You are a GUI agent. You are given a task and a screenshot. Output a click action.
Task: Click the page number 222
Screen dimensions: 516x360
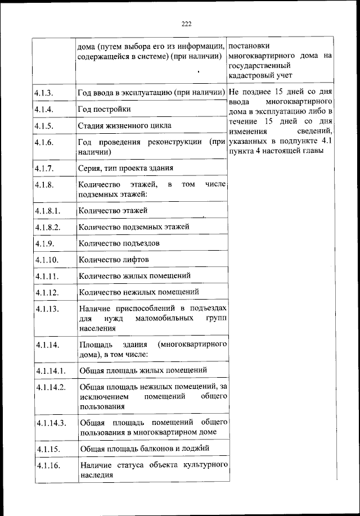pos(186,23)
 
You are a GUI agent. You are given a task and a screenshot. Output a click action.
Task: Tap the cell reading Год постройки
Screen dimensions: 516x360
pos(105,108)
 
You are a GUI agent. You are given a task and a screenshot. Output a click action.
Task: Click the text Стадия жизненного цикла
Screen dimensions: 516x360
pos(125,125)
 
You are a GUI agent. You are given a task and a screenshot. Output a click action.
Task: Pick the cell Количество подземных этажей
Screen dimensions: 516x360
pos(134,227)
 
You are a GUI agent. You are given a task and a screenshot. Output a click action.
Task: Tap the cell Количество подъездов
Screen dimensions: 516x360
pos(119,243)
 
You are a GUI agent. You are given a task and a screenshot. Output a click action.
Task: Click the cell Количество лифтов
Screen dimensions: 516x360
pos(114,260)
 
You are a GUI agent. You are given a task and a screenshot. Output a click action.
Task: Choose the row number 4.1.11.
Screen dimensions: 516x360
pos(46,276)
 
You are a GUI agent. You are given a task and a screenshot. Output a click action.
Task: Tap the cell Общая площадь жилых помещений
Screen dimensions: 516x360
pos(143,370)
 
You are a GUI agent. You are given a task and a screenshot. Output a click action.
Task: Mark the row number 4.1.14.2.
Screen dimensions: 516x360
pos(50,387)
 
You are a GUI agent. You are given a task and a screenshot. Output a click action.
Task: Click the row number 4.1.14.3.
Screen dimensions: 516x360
pos(50,423)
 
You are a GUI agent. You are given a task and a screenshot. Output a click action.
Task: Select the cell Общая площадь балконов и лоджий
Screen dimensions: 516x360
pos(145,449)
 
